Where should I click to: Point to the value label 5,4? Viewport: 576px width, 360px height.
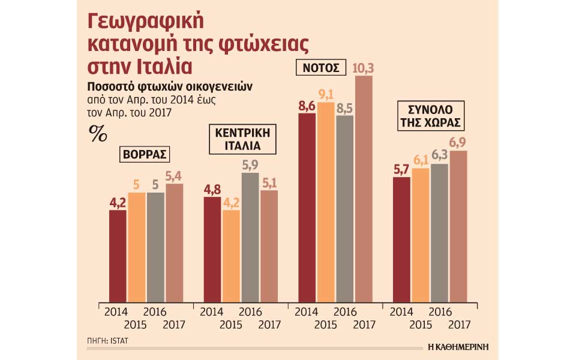point(175,176)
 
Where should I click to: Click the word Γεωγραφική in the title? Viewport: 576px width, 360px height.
point(146,22)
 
